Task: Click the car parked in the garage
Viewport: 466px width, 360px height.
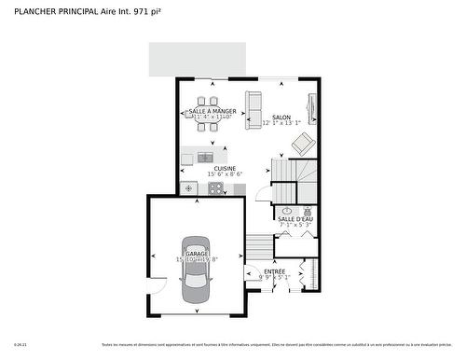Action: click(196, 270)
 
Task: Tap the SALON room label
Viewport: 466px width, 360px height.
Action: click(281, 117)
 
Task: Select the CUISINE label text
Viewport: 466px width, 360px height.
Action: click(225, 168)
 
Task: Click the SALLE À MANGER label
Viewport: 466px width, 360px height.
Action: click(212, 111)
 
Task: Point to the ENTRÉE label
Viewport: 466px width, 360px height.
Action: click(275, 270)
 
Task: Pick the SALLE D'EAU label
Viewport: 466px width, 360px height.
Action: click(295, 218)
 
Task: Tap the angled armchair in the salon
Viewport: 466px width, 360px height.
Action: click(303, 144)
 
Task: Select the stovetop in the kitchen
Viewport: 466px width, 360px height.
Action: click(215, 188)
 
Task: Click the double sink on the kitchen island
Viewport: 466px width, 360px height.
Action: click(205, 157)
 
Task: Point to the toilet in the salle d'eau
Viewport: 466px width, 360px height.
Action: click(307, 212)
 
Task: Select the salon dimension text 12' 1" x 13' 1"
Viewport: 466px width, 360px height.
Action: click(281, 123)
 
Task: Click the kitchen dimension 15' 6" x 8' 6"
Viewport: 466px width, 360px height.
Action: click(225, 174)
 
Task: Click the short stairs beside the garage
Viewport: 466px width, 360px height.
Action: click(258, 247)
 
